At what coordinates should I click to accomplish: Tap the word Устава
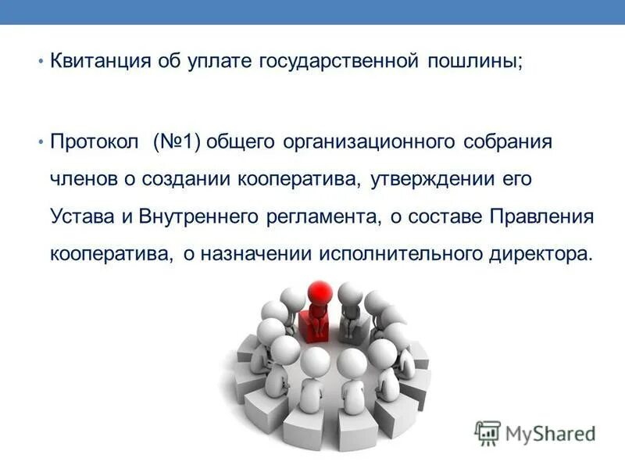(x=81, y=217)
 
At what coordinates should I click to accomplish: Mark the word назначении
(x=258, y=254)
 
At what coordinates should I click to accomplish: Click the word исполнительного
(x=398, y=254)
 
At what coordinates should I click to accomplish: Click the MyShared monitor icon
(x=488, y=432)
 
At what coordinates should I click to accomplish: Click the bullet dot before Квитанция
(x=40, y=63)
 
